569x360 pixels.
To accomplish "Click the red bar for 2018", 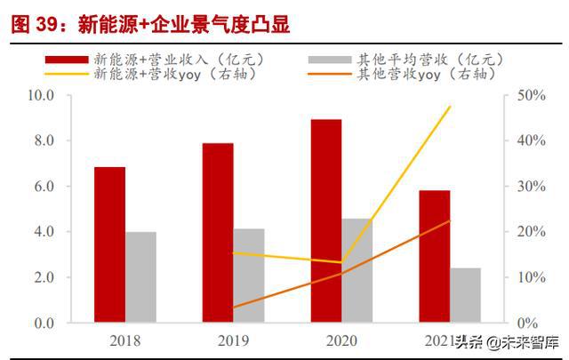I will pyautogui.click(x=110, y=244).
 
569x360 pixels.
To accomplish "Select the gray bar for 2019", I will pyautogui.click(x=249, y=276).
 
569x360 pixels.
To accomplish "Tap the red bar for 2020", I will pyautogui.click(x=326, y=220).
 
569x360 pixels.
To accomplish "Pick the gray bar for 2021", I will pyautogui.click(x=465, y=295).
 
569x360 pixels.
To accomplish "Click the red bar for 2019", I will pyautogui.click(x=218, y=233).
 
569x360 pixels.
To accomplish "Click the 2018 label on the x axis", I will pyautogui.click(x=124, y=340).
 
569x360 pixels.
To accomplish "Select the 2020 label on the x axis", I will pyautogui.click(x=341, y=340).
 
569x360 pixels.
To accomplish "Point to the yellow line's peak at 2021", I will pyautogui.click(x=451, y=107).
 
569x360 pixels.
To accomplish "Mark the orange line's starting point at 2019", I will pyautogui.click(x=234, y=308).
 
